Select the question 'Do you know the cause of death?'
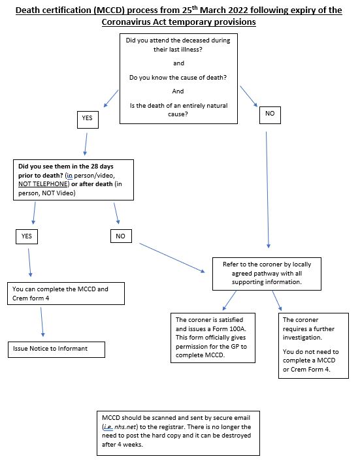(x=178, y=78)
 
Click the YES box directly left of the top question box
(x=87, y=118)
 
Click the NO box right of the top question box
(x=269, y=113)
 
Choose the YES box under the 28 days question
(x=26, y=236)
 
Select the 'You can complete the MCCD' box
(x=66, y=293)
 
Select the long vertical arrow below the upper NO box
(x=268, y=189)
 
